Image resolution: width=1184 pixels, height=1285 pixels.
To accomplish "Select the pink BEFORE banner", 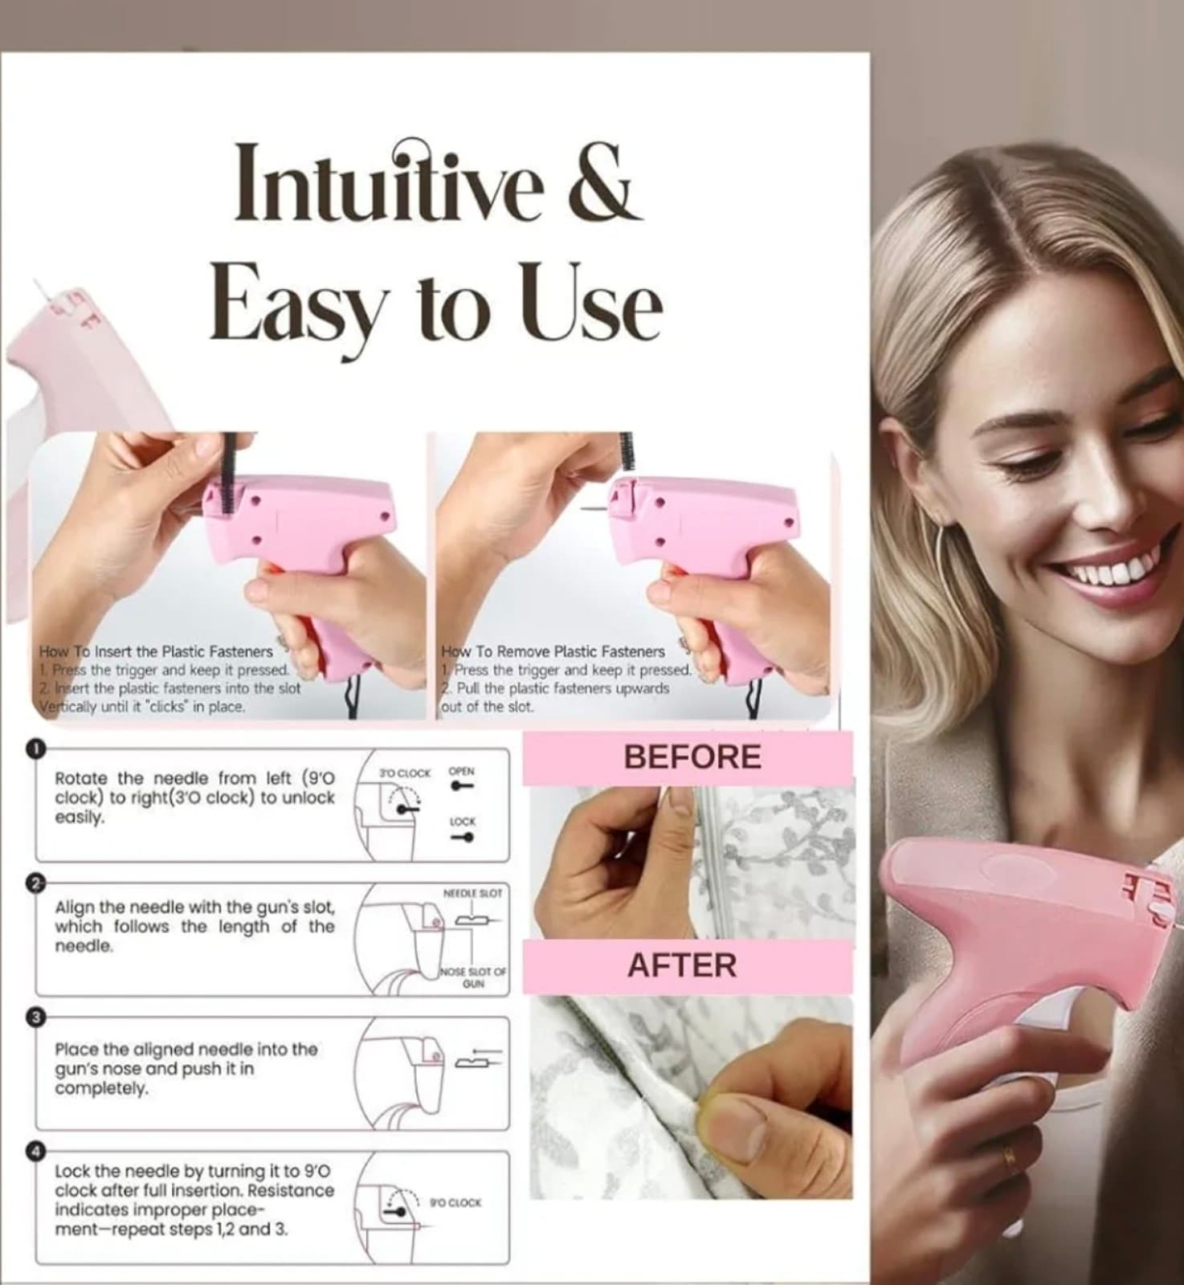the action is pos(688,757).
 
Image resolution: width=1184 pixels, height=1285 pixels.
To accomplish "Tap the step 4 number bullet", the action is pos(35,1152).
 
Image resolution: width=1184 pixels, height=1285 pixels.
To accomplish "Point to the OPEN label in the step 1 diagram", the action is pos(462,771).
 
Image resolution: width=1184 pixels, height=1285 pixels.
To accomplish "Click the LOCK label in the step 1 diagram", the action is pos(463,822).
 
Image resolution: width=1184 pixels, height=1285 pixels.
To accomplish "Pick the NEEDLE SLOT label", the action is pos(473,893).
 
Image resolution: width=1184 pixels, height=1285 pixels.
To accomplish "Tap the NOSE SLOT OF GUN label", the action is pos(473,977).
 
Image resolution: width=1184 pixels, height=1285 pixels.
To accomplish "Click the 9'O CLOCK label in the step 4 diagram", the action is pos(455,1202).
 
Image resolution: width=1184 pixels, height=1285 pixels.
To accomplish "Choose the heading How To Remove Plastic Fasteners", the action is pos(553,651).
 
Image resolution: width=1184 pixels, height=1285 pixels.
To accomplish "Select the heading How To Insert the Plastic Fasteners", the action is pos(156,651).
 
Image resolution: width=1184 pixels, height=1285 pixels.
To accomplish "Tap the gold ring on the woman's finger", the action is pos(1010,1159).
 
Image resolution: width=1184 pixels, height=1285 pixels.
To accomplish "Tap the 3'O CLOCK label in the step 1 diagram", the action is pos(405,773).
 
